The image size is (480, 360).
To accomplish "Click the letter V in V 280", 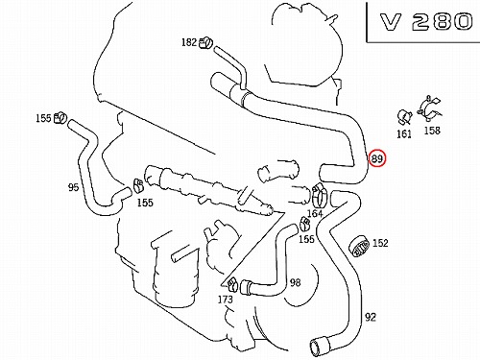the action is [391, 22].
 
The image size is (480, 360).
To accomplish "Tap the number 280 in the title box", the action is [442, 22].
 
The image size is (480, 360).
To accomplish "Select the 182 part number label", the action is [189, 42].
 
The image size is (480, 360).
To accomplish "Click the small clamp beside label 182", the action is [205, 43].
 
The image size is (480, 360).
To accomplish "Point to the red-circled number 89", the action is [377, 158].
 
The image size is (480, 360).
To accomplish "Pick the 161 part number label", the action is [404, 133].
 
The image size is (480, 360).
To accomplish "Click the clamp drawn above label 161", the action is [404, 117].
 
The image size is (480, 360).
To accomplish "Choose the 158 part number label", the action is [432, 131].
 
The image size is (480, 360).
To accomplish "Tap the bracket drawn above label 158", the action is [429, 108].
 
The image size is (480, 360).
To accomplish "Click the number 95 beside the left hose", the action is [73, 187].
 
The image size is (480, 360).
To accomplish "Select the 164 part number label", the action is [315, 213].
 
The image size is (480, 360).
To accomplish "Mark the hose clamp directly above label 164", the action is [320, 195].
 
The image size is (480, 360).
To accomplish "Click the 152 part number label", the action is [380, 243].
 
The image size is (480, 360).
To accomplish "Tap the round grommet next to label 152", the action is [359, 246].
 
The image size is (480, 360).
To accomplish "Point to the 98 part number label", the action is [295, 282].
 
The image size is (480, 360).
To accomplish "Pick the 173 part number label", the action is [226, 300].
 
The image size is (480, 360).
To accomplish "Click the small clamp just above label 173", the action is [232, 284].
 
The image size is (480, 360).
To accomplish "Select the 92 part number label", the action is [371, 317].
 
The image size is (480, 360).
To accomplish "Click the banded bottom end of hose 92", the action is [320, 346].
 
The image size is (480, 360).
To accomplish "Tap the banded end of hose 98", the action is [246, 287].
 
